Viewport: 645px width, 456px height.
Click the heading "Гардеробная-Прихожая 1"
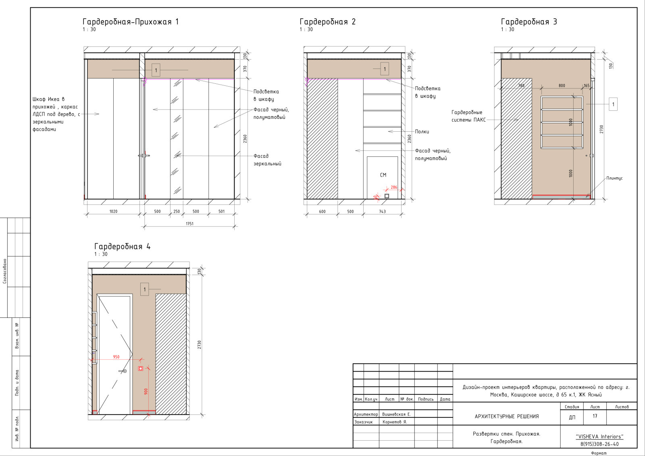(131, 22)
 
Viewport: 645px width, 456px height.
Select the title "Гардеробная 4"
(123, 247)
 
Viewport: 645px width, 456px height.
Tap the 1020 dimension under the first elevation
(113, 211)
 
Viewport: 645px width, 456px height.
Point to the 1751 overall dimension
(189, 224)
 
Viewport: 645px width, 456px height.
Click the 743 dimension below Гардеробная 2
(382, 211)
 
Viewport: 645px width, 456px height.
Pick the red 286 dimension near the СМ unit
(394, 187)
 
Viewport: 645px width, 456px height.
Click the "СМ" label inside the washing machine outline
(383, 175)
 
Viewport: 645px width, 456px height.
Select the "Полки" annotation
(422, 131)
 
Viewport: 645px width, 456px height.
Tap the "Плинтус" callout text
(614, 178)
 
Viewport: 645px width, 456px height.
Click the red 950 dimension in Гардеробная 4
(116, 357)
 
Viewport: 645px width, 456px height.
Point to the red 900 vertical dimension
(146, 392)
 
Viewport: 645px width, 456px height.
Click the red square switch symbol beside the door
(141, 368)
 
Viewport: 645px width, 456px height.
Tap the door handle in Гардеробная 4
(123, 371)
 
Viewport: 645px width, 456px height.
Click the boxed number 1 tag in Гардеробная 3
(613, 104)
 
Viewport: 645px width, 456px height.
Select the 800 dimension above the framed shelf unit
(562, 85)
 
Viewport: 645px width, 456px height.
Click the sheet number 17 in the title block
(595, 416)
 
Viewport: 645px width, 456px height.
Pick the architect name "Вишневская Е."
(396, 414)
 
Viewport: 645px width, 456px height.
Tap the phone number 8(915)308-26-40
(599, 444)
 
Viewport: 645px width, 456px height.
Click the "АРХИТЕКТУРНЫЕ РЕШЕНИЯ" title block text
(506, 416)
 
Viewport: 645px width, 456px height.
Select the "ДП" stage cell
(572, 417)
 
